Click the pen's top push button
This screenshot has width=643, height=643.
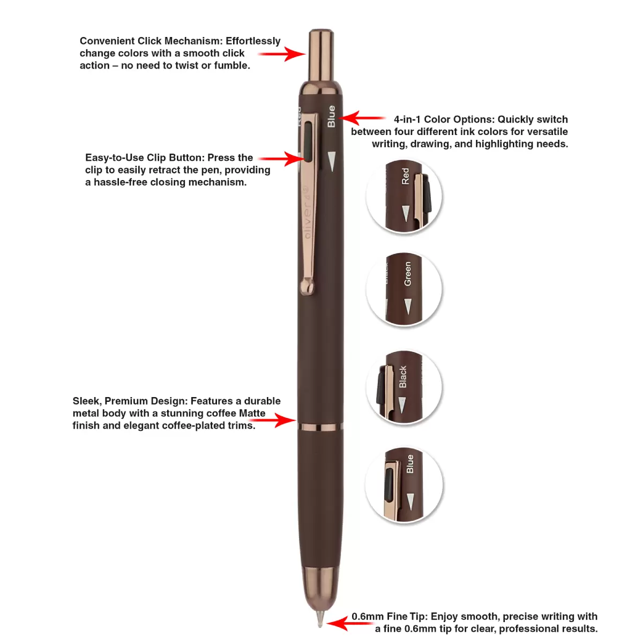321,55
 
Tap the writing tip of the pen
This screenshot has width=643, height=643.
320,619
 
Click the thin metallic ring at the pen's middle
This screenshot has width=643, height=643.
320,427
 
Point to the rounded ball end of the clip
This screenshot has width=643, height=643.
307,287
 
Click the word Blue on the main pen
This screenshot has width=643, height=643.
331,116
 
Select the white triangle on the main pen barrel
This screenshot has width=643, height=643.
332,161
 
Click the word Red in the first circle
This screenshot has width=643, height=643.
405,176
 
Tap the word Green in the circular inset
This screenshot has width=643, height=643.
407,274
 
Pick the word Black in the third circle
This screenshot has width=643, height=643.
403,377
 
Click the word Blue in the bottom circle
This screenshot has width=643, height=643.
410,463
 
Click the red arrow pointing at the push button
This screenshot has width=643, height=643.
282,54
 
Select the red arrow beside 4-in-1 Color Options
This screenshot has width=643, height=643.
362,118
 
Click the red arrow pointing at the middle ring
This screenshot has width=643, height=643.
273,420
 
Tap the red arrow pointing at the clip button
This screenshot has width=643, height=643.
282,159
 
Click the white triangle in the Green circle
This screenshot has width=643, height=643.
408,306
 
